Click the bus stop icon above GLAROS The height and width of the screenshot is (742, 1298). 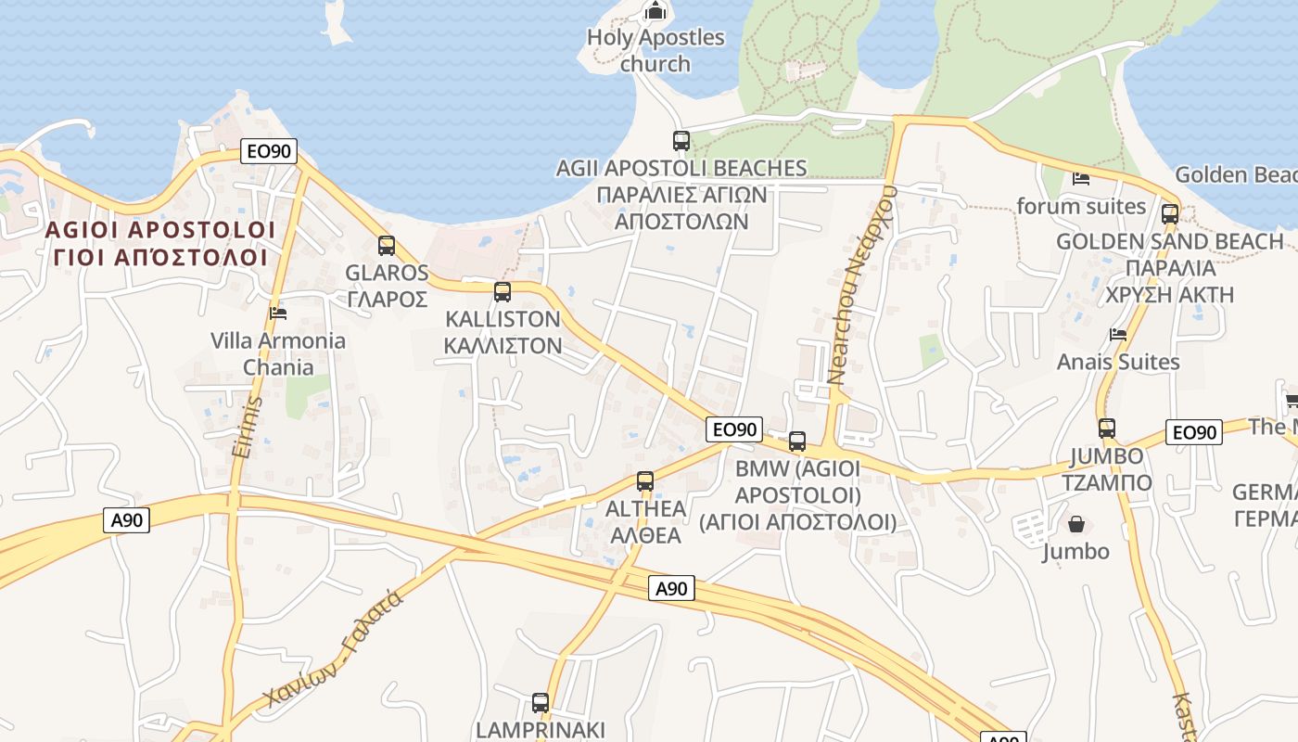click(387, 246)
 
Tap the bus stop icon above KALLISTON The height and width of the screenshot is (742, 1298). click(503, 292)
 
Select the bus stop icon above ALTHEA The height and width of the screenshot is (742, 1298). click(645, 481)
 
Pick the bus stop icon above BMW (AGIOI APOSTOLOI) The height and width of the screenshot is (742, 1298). click(797, 441)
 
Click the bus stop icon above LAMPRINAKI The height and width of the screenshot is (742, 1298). click(541, 702)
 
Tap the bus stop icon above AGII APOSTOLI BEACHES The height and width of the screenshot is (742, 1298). click(681, 141)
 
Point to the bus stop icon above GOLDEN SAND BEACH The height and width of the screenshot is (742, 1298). click(1170, 214)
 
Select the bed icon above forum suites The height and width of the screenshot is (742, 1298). click(1081, 178)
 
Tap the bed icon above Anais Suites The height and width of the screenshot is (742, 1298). click(1118, 335)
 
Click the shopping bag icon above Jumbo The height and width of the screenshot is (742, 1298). click(1076, 525)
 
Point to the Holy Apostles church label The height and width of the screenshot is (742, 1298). click(655, 50)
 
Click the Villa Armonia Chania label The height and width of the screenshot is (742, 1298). click(278, 353)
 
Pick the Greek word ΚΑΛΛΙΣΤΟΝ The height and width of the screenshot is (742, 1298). click(503, 345)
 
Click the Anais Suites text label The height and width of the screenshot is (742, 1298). click(1118, 362)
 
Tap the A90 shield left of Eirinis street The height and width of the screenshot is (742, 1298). click(127, 520)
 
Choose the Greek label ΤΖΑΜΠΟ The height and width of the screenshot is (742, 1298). click(1107, 482)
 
